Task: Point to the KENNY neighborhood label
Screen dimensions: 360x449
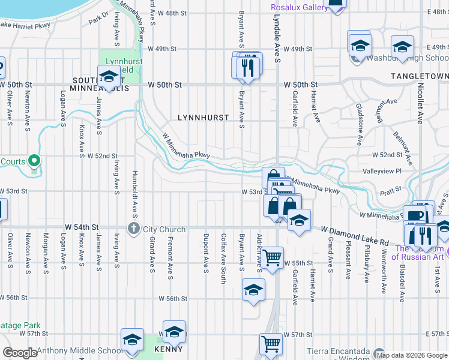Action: (x=168, y=349)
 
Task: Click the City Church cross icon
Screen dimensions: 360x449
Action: (x=133, y=228)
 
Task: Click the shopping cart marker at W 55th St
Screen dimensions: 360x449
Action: (x=273, y=258)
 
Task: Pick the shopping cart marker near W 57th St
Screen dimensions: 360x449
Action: (x=271, y=344)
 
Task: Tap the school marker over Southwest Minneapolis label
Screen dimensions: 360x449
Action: (x=109, y=76)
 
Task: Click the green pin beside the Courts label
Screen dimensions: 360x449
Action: (x=35, y=161)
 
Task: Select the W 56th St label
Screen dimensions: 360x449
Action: (x=173, y=298)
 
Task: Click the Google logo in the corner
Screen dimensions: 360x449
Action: (x=19, y=353)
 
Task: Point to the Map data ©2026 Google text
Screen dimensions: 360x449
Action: (x=411, y=355)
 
